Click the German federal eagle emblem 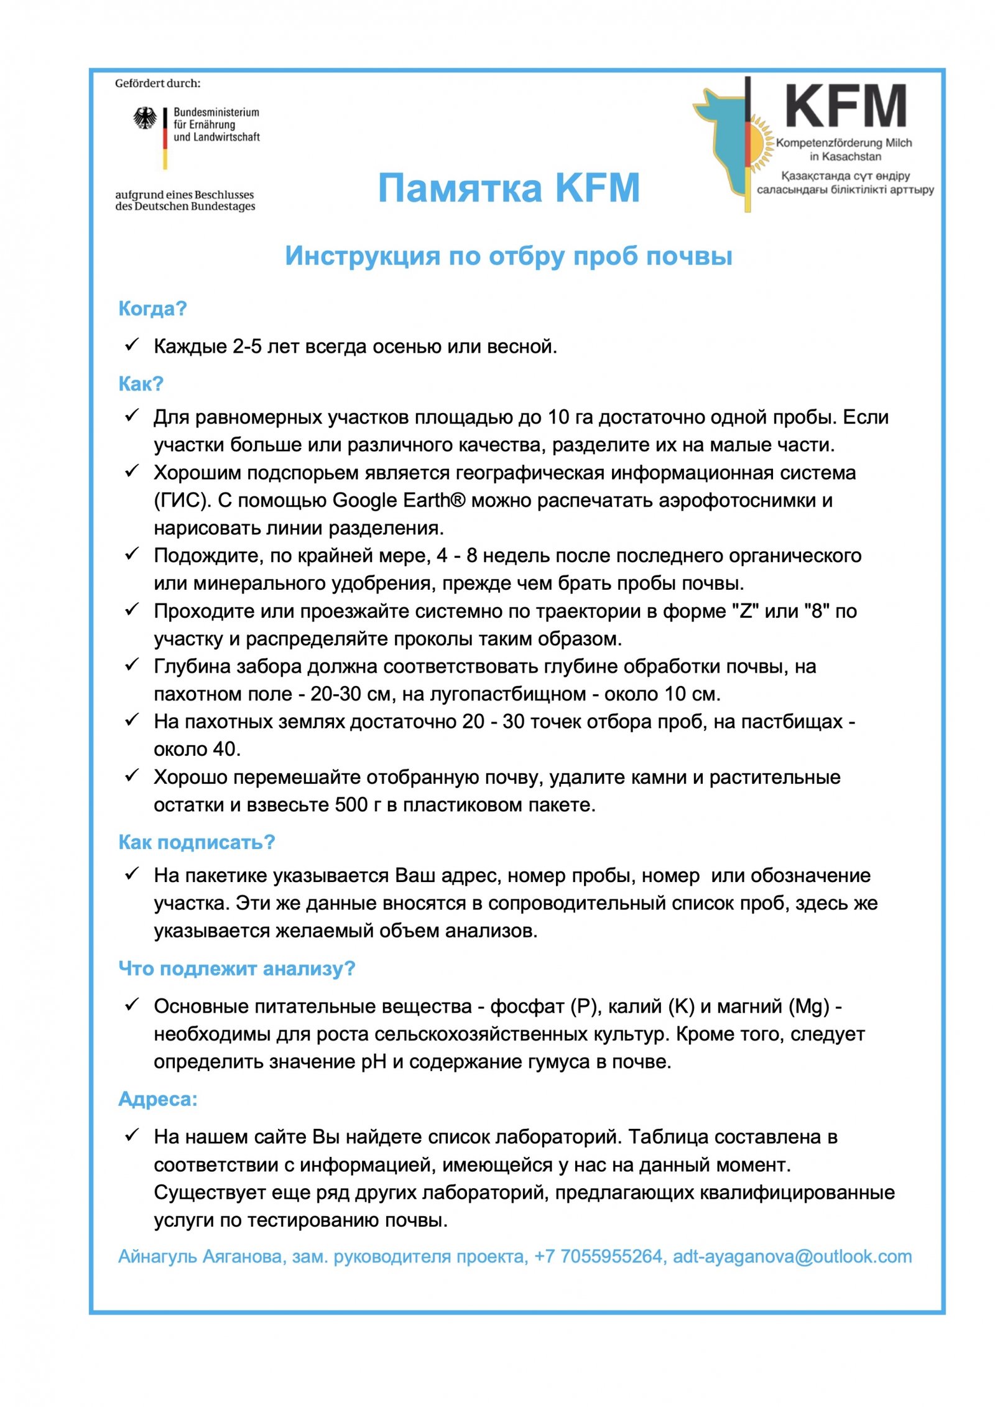[x=145, y=118]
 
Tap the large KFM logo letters [x=845, y=106]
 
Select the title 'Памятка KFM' [x=509, y=188]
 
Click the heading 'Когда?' [x=152, y=309]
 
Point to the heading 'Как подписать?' [x=197, y=842]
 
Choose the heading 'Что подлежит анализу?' [x=236, y=968]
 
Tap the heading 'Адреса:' [x=158, y=1099]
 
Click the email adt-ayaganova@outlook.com [x=792, y=1256]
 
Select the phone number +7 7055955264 [x=598, y=1256]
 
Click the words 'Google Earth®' [x=399, y=500]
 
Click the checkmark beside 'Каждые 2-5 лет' [x=131, y=345]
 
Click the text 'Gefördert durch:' [x=157, y=83]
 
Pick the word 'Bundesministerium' [x=216, y=112]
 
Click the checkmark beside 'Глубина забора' [x=131, y=666]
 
